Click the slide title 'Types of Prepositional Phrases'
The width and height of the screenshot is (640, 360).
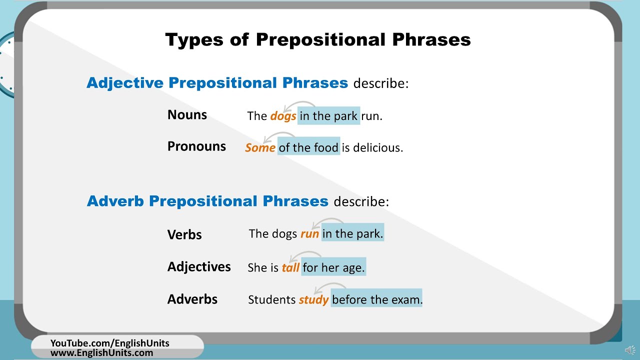point(318,39)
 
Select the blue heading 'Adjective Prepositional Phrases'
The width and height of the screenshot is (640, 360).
point(217,83)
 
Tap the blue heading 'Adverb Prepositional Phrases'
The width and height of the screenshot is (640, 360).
point(207,201)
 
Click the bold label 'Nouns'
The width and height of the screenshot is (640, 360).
point(187,115)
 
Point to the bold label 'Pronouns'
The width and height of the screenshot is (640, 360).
point(196,146)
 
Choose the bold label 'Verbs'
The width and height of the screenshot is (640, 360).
point(184,234)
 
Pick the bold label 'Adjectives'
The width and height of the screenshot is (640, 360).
point(199,267)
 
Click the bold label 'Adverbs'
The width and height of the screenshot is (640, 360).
point(192,299)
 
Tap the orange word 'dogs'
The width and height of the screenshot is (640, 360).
point(283,116)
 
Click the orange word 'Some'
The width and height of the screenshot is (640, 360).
point(260,148)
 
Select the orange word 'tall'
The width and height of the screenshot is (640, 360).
point(290,268)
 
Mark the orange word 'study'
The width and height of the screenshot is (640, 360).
point(313,300)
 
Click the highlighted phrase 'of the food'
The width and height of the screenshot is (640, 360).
point(308,147)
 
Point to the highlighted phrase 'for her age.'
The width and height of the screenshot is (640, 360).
point(333,267)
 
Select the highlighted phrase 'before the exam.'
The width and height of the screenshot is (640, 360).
point(377,299)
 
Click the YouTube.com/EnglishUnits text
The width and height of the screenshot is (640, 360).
point(110,343)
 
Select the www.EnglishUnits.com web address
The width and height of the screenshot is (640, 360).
point(101,352)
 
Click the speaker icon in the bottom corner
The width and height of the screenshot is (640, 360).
point(630,350)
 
